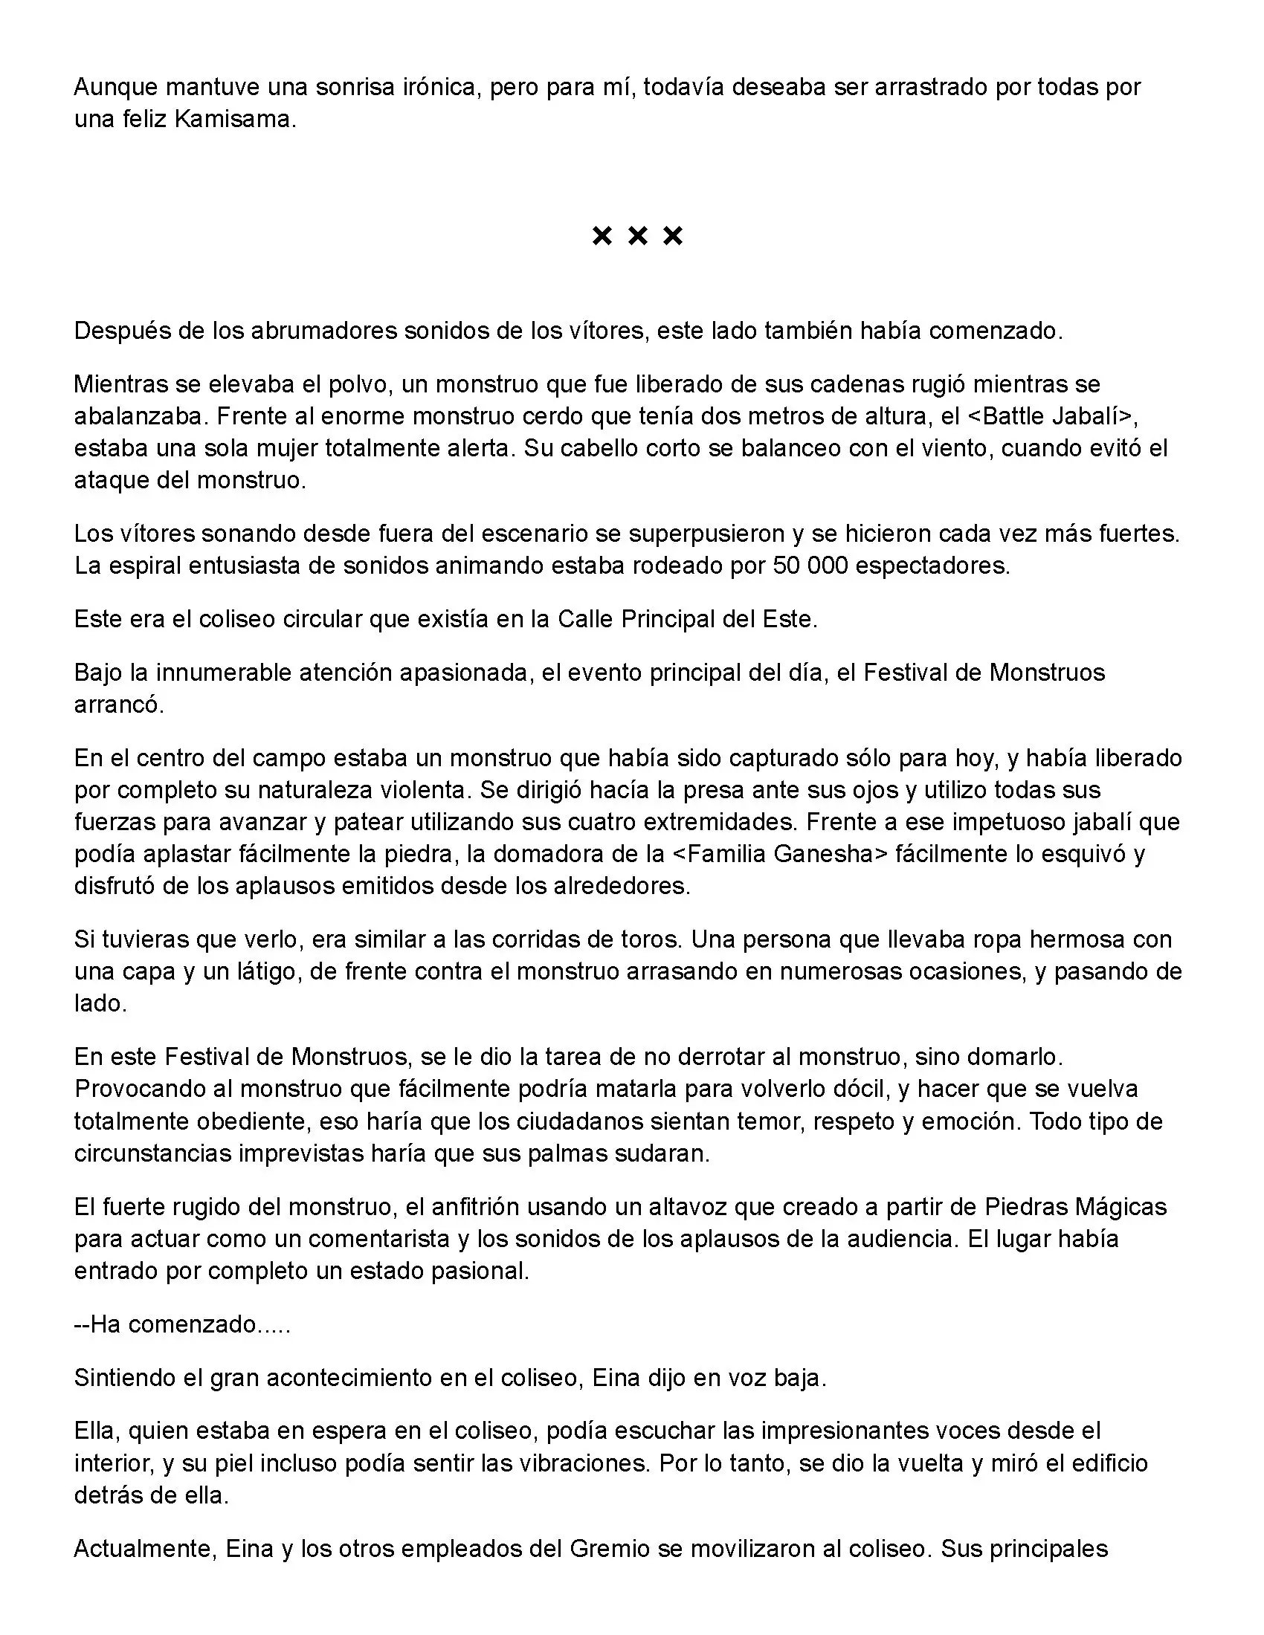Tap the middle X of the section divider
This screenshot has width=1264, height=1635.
tap(637, 236)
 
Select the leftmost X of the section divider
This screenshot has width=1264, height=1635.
tap(602, 236)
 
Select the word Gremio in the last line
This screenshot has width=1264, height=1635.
tap(610, 1548)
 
